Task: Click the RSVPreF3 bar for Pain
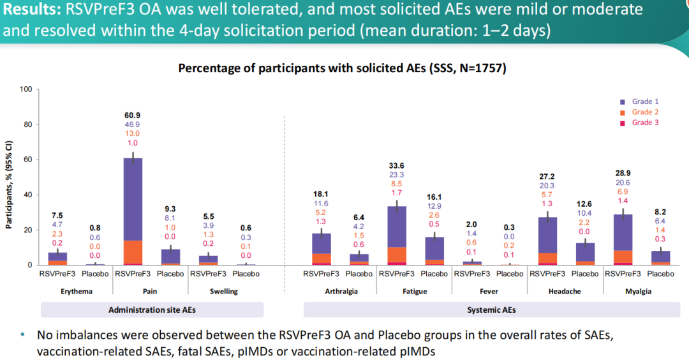[x=132, y=211]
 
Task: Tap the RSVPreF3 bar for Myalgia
[x=623, y=239]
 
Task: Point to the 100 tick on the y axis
[x=26, y=89]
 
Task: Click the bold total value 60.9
[x=132, y=115]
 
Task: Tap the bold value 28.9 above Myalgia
[x=623, y=174]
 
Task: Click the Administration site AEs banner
[x=152, y=310]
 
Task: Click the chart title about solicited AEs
[x=342, y=68]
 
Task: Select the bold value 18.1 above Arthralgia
[x=320, y=193]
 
